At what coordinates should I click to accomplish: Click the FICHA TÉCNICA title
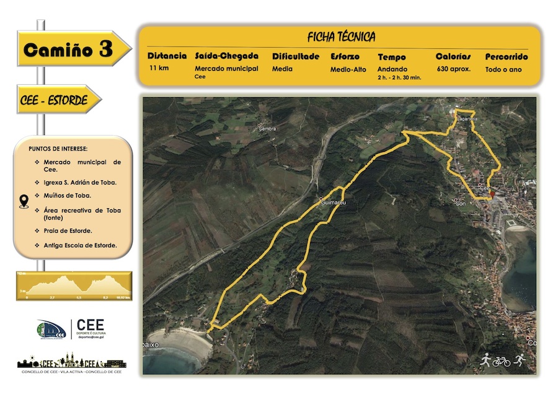[340, 37]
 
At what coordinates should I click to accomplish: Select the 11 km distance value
[159, 69]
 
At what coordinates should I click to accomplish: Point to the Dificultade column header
[296, 56]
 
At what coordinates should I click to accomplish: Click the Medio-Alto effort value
[348, 69]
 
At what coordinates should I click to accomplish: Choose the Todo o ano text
[503, 69]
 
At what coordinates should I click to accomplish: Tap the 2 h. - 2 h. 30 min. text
[399, 77]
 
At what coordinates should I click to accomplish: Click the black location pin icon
[24, 201]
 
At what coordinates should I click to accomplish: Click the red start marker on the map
[492, 195]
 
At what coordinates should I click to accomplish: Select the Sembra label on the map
[268, 128]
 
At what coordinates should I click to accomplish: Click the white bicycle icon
[501, 361]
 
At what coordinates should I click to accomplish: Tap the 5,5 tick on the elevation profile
[79, 298]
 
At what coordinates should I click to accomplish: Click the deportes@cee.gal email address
[90, 337]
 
